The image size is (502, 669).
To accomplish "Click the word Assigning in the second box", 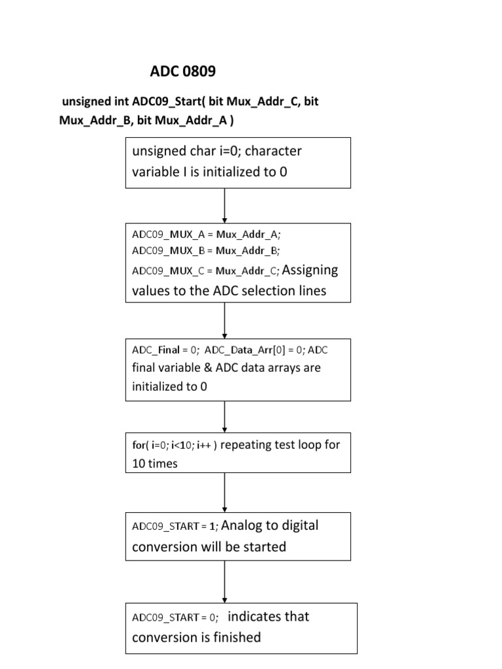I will click(310, 270).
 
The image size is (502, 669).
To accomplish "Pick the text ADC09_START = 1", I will click(174, 527).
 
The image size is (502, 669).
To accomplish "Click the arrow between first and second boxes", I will click(225, 206).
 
